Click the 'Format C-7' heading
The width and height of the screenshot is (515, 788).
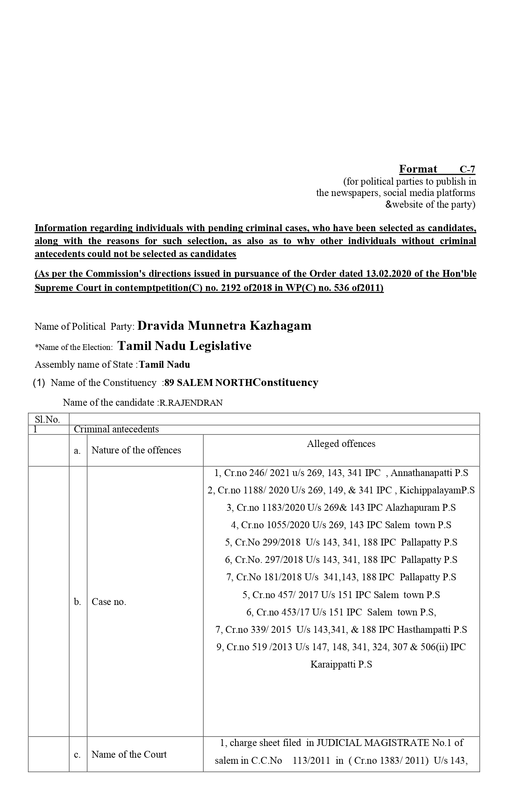point(437,169)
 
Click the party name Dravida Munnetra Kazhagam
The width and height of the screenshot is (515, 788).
point(224,326)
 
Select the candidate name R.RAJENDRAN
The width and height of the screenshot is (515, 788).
point(191,403)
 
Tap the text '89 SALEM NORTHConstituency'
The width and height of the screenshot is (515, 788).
point(241,383)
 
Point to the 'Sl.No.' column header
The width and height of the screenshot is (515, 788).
point(47,419)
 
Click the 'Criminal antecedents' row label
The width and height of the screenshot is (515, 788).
point(116,429)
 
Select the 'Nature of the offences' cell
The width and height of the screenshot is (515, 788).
point(136,450)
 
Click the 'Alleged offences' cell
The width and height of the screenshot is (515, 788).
point(341,444)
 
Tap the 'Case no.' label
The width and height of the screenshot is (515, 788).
point(109,602)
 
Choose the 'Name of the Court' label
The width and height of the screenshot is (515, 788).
point(129,754)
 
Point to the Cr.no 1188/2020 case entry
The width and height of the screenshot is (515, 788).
point(341,490)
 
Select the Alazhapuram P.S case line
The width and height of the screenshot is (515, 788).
point(341,508)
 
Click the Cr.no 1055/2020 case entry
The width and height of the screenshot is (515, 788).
point(341,525)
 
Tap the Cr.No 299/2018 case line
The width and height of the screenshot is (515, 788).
point(341,542)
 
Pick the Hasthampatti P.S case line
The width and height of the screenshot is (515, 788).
point(341,630)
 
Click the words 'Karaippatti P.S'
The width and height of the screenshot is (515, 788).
point(341,664)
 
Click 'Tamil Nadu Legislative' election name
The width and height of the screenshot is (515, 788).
point(184,346)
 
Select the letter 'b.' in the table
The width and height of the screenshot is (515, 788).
point(78,602)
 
